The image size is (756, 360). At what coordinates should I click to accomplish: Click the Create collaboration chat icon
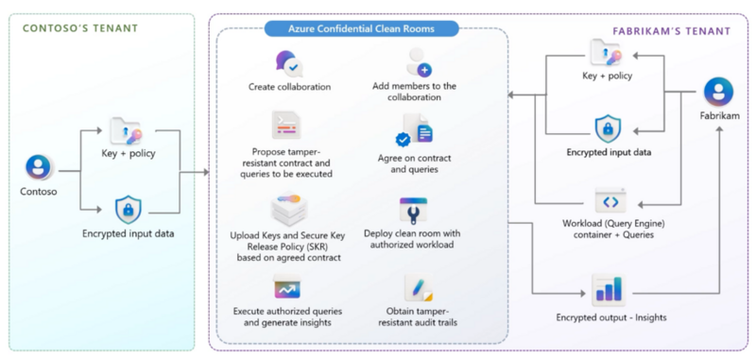point(290,64)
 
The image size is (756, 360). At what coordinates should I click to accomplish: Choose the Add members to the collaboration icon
point(420,62)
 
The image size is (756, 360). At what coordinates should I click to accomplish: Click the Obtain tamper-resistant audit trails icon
point(418,286)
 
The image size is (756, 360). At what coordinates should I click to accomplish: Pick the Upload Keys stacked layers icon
point(290,209)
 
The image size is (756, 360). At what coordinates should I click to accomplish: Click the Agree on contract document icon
point(416,129)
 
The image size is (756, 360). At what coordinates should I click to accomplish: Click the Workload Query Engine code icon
point(607,201)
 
